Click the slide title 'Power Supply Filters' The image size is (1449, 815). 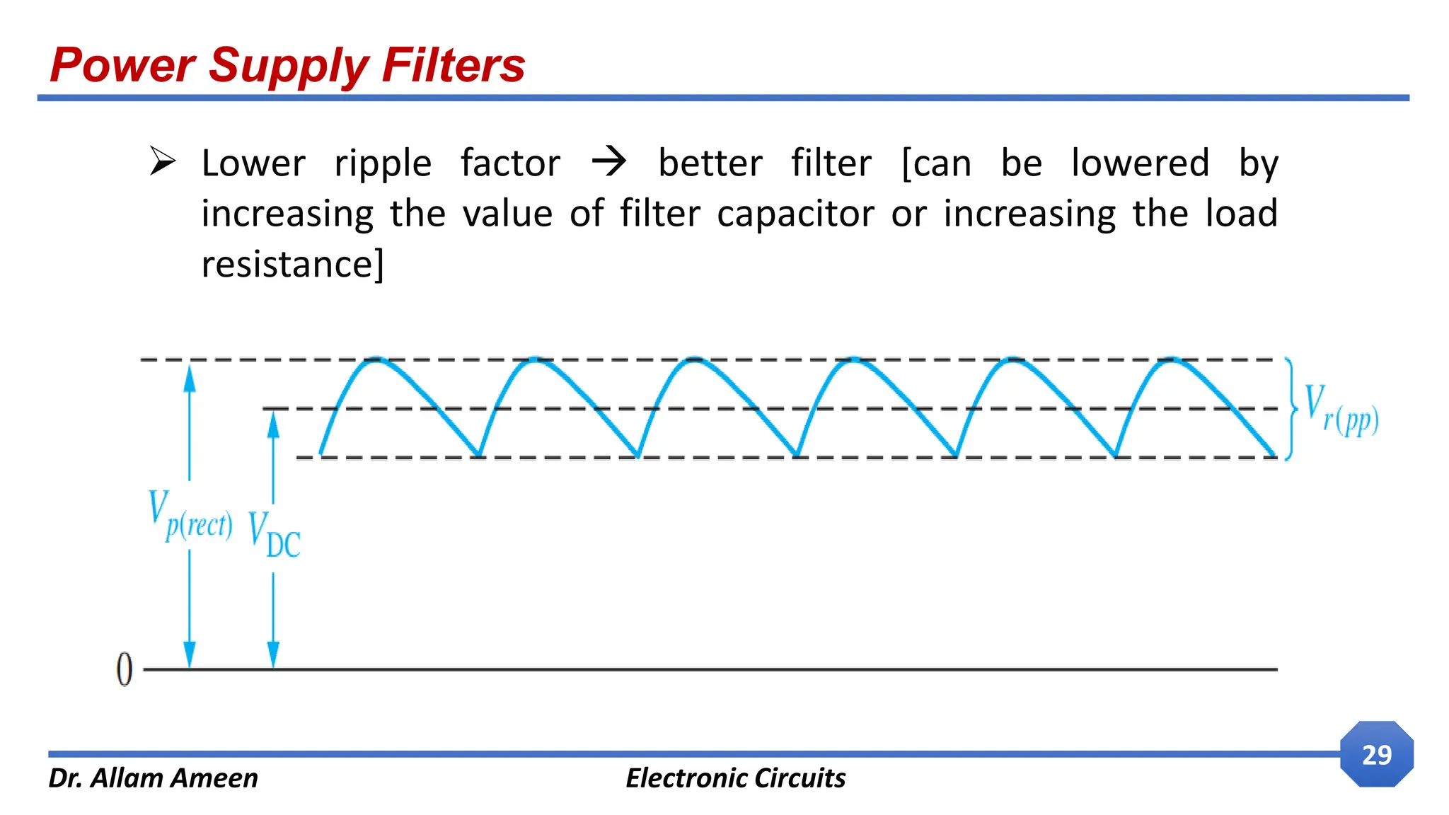click(287, 65)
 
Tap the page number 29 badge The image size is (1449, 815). click(1376, 755)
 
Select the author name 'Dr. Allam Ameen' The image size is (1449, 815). click(153, 778)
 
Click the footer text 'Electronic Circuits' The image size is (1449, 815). click(735, 778)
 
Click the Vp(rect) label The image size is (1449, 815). click(190, 516)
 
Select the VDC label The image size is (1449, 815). click(275, 536)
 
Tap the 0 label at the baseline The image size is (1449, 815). click(125, 669)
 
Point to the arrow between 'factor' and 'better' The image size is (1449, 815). click(609, 161)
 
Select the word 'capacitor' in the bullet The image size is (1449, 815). click(795, 214)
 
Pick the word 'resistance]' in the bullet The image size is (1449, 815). click(292, 265)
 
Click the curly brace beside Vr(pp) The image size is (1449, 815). click(1291, 409)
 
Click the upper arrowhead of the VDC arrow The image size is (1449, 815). click(274, 424)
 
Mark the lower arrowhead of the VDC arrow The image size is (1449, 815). click(274, 654)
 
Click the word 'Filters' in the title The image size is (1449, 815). click(454, 65)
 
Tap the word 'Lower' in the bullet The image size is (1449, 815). click(253, 163)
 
